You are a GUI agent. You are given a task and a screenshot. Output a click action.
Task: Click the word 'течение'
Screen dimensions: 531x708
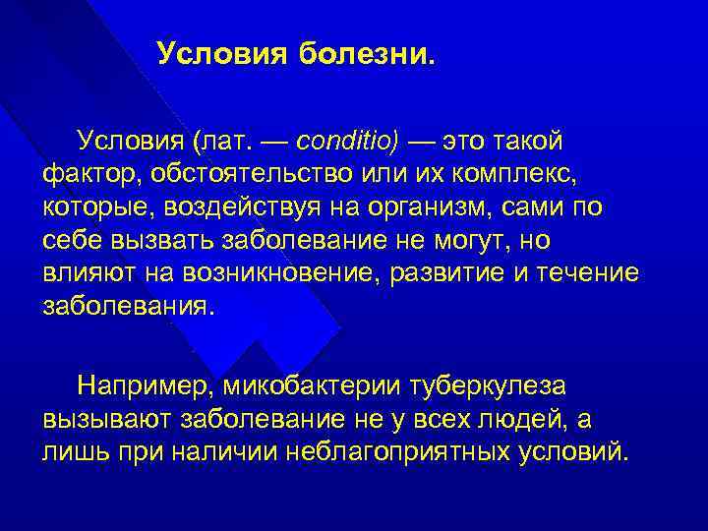pos(590,272)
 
